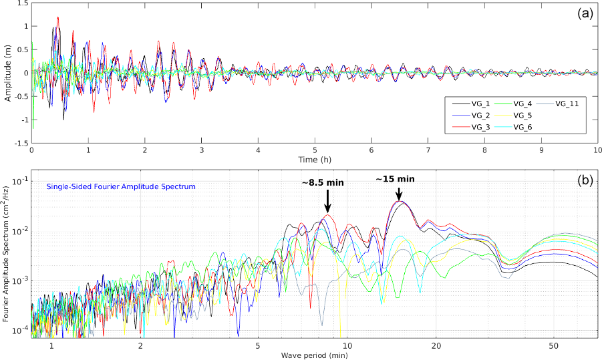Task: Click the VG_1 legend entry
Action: coord(471,104)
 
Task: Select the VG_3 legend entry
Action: coord(471,126)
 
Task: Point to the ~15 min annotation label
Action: coord(396,179)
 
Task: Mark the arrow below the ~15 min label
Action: coord(399,193)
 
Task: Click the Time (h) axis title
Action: coord(315,160)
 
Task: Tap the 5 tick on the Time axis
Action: coord(315,150)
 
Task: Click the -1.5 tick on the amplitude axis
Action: coord(21,143)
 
